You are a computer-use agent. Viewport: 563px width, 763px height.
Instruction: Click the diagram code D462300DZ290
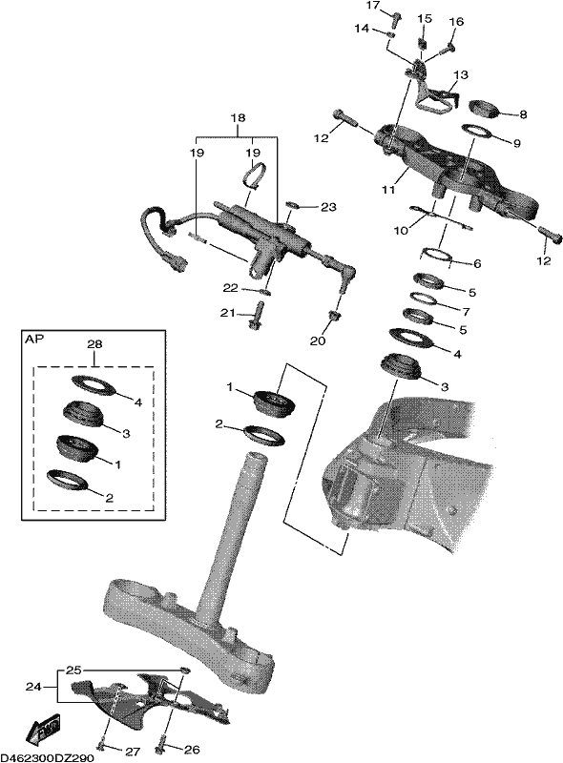tap(49, 758)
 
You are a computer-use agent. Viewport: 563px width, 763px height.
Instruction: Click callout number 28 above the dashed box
tap(94, 344)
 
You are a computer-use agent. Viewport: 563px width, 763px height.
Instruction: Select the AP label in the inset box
tap(33, 339)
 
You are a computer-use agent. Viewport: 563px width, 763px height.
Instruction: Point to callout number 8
tap(523, 114)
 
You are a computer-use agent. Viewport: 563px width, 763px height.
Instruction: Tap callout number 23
tap(329, 207)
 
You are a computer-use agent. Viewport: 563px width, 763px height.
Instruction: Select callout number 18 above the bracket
tap(239, 117)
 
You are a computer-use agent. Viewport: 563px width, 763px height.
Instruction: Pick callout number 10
tap(401, 231)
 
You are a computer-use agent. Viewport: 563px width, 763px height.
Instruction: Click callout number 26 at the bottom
tap(193, 750)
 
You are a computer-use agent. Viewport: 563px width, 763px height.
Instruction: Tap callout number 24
tap(33, 687)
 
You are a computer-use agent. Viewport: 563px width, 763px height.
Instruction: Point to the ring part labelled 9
tap(478, 133)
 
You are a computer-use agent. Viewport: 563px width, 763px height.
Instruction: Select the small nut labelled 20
tap(335, 316)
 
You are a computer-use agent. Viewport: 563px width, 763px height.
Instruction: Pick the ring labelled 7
tap(425, 299)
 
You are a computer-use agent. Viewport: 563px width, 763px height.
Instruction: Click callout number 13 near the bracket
tap(461, 75)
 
